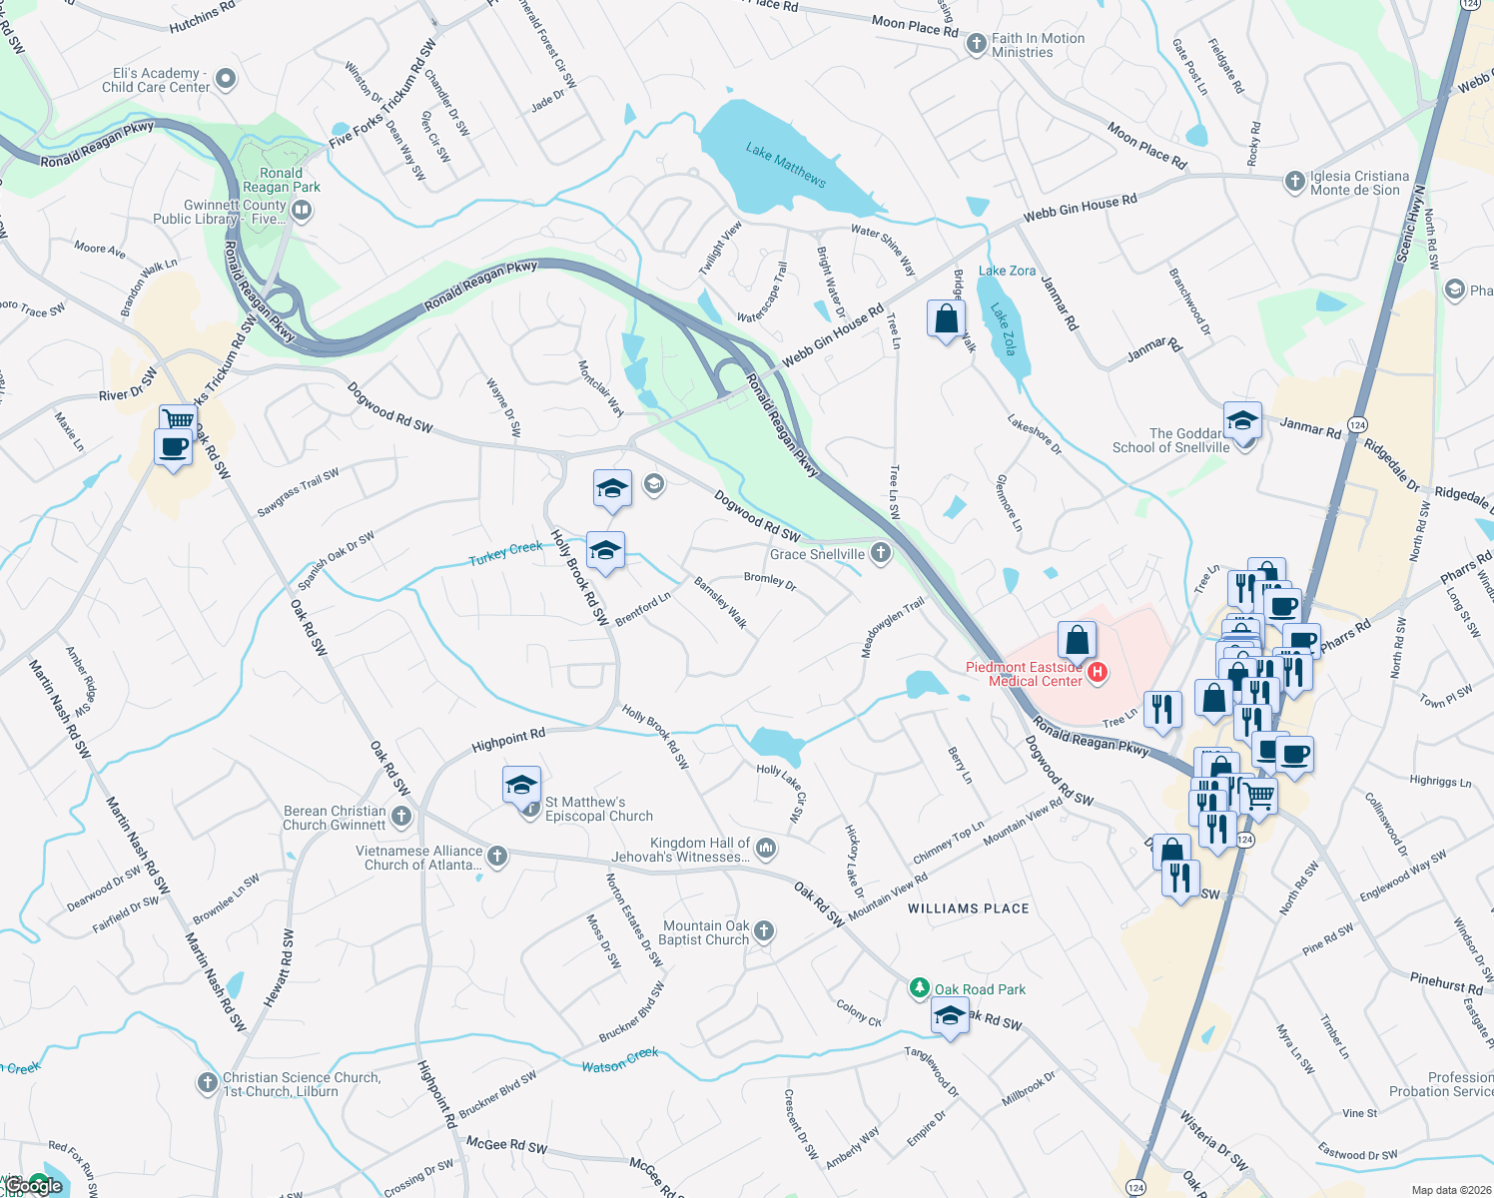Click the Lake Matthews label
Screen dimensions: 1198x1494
pos(786,165)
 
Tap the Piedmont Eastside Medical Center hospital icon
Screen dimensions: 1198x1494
pos(1098,673)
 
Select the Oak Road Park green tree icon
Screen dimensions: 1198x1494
pos(919,988)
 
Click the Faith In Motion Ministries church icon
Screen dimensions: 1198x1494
pos(977,46)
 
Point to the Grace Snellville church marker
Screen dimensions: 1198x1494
pos(880,553)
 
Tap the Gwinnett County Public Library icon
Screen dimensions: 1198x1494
pos(303,211)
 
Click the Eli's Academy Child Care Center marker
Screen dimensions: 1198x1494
pos(226,79)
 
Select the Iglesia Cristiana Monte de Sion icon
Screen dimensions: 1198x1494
pos(1295,182)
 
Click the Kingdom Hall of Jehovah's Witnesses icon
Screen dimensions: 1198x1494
pos(766,849)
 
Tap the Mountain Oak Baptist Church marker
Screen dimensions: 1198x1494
pos(764,931)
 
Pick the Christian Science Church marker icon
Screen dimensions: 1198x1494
pos(207,1083)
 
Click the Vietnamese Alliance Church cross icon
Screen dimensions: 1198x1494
pos(497,857)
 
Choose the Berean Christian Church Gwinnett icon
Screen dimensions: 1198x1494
pos(400,817)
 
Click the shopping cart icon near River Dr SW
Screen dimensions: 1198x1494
pos(177,419)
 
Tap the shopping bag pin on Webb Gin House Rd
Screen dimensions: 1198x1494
pos(946,320)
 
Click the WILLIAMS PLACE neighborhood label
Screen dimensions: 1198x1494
pos(968,908)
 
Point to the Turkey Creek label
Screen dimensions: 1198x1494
pos(506,553)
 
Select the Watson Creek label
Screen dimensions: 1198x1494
pos(620,1060)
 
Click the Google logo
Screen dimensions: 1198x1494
pos(33,1186)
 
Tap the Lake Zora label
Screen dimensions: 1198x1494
pos(1007,271)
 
